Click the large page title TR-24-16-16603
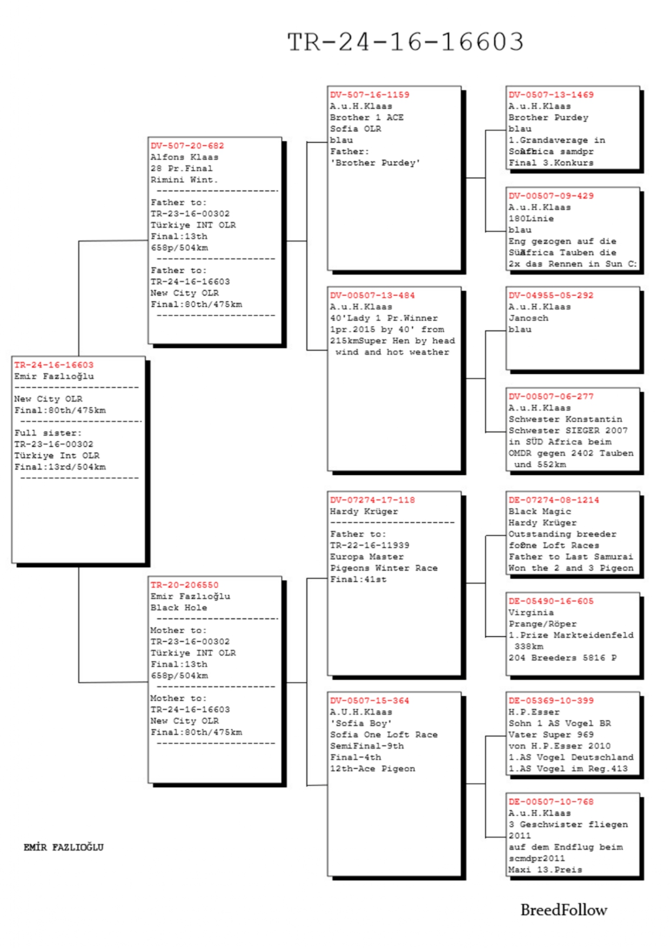pos(405,42)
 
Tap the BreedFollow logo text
pos(564,910)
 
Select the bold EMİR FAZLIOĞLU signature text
pos(63,847)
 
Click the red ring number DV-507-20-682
pos(187,146)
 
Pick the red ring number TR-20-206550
pos(184,585)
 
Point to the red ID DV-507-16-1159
pos(370,95)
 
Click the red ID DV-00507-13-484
pos(372,295)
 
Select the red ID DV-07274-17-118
pos(372,500)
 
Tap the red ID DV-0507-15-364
pos(370,701)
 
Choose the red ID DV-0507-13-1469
pos(551,95)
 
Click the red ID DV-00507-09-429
pos(551,196)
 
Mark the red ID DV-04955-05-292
pos(551,295)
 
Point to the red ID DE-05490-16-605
pos(551,601)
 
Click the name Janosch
pos(528,318)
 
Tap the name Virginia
pos(531,613)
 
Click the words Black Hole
pos(178,608)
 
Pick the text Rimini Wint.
pos(184,180)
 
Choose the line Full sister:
pos(48,433)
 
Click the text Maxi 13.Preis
pos(545,870)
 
